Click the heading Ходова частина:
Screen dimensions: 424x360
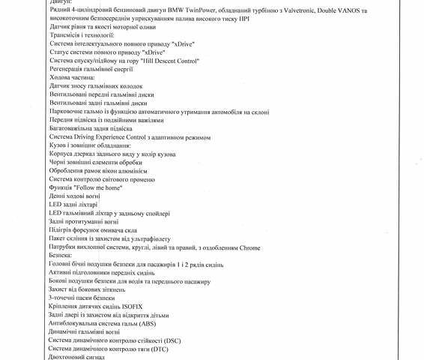(72, 77)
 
